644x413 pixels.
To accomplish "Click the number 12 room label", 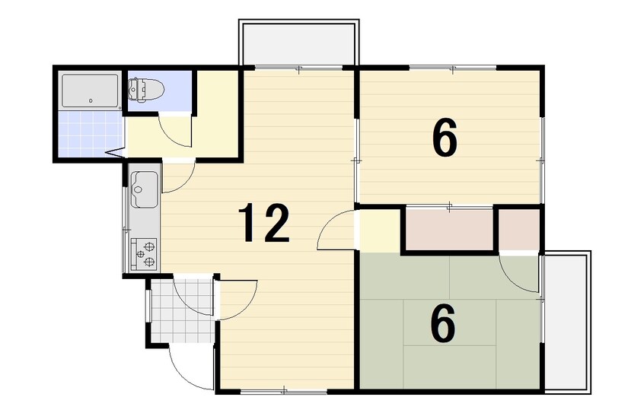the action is coord(265,224).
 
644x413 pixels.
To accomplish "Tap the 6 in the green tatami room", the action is coord(443,323).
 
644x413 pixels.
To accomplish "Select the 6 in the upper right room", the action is coord(445,138).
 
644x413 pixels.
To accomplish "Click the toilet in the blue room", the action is coord(146,89).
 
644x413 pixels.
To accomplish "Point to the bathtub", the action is coord(91,91).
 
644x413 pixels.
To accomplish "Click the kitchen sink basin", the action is coord(144,189).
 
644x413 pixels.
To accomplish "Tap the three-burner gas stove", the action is coord(144,254).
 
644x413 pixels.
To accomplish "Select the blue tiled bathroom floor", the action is coord(91,133).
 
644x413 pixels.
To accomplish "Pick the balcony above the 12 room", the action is coord(298,43).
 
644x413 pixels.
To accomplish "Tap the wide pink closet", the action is coord(449,229).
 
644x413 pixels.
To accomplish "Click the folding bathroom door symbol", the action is coord(115,153).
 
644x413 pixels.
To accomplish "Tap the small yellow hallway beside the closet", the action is coord(380,230).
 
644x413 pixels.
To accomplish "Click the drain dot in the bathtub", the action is coord(91,100).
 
